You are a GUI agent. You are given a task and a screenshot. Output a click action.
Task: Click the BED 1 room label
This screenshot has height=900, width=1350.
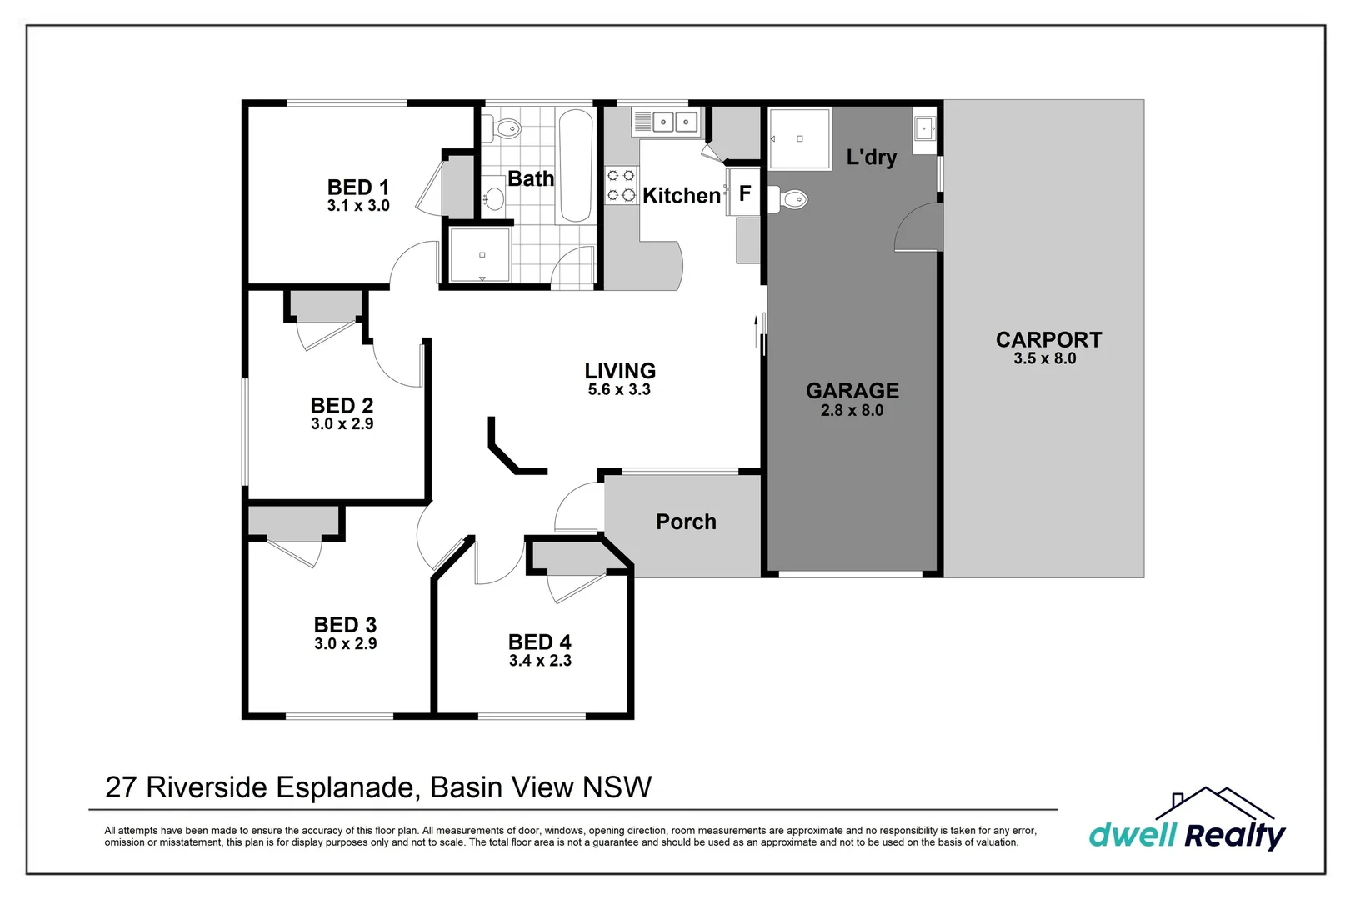(358, 187)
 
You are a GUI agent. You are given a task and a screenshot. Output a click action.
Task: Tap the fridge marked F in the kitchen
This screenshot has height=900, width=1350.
(745, 192)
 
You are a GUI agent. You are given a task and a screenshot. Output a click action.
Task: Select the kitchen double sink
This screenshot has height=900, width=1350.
(667, 123)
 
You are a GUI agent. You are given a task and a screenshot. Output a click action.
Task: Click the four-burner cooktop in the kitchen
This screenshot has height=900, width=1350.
(622, 185)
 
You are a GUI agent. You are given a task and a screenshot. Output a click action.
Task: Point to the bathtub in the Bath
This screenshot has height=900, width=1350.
(576, 166)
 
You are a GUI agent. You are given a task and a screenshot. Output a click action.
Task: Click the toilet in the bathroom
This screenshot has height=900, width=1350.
(502, 127)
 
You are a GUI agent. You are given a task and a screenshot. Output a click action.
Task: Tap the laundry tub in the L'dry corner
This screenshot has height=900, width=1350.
(924, 128)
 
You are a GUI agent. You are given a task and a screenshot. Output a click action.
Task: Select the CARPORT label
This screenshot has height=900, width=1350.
(1048, 339)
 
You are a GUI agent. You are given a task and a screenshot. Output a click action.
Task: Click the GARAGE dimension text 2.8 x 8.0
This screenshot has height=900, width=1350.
(852, 411)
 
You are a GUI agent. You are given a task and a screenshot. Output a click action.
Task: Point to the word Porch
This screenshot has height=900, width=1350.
(686, 522)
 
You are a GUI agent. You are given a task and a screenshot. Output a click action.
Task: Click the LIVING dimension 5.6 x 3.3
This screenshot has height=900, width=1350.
(619, 389)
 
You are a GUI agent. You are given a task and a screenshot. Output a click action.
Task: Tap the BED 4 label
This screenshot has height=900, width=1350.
(539, 642)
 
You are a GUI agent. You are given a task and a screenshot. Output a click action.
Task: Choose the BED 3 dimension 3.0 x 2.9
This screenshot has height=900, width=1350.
(345, 644)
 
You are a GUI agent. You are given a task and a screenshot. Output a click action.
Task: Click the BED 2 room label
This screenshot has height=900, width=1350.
(342, 405)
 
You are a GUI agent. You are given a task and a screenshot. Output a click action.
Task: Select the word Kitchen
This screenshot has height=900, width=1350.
(682, 195)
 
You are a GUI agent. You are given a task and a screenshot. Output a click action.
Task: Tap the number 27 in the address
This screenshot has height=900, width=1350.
(121, 787)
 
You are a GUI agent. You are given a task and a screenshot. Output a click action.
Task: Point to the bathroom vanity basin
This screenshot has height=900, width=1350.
(494, 197)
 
